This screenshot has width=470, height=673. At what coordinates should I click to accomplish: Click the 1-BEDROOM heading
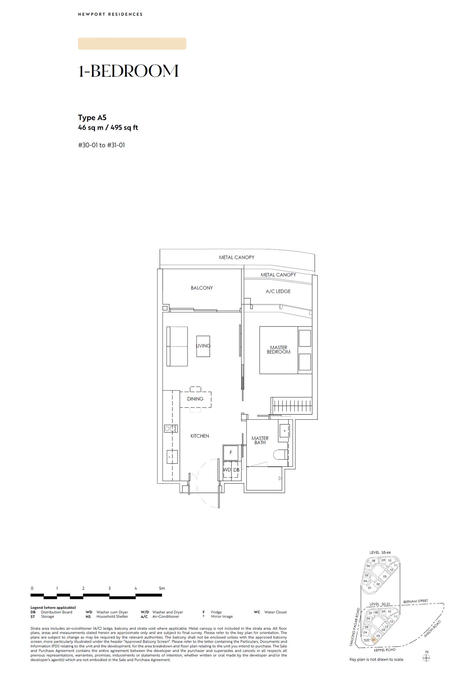click(x=128, y=71)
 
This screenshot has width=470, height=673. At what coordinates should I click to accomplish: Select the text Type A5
click(x=92, y=118)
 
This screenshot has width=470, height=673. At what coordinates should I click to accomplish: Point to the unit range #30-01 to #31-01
click(x=101, y=145)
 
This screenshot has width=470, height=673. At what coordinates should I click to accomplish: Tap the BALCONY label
click(x=202, y=288)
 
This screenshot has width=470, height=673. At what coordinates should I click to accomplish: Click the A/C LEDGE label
click(x=278, y=291)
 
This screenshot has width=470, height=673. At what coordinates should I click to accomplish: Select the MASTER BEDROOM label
click(x=278, y=350)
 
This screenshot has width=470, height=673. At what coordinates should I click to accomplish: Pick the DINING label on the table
click(x=195, y=399)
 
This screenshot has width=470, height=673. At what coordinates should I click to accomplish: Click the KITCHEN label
click(x=199, y=436)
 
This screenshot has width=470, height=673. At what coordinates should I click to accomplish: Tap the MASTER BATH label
click(x=260, y=440)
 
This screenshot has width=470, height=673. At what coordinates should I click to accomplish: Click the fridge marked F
click(x=231, y=453)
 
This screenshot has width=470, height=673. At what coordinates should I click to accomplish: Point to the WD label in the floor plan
click(x=227, y=470)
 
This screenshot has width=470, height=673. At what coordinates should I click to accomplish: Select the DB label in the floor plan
click(x=236, y=470)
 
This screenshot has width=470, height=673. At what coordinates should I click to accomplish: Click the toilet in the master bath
click(x=280, y=454)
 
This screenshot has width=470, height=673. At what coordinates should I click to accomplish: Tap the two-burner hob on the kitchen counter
click(x=171, y=428)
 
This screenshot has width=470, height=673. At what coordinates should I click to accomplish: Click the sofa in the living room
click(x=177, y=346)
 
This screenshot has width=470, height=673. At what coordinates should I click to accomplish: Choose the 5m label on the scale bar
click(x=162, y=588)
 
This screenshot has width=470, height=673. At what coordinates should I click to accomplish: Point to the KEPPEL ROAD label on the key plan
click(x=384, y=650)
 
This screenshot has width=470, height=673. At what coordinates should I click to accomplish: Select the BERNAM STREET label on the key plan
click(x=415, y=601)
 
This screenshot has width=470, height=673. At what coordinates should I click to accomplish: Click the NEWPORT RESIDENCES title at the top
click(x=110, y=14)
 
